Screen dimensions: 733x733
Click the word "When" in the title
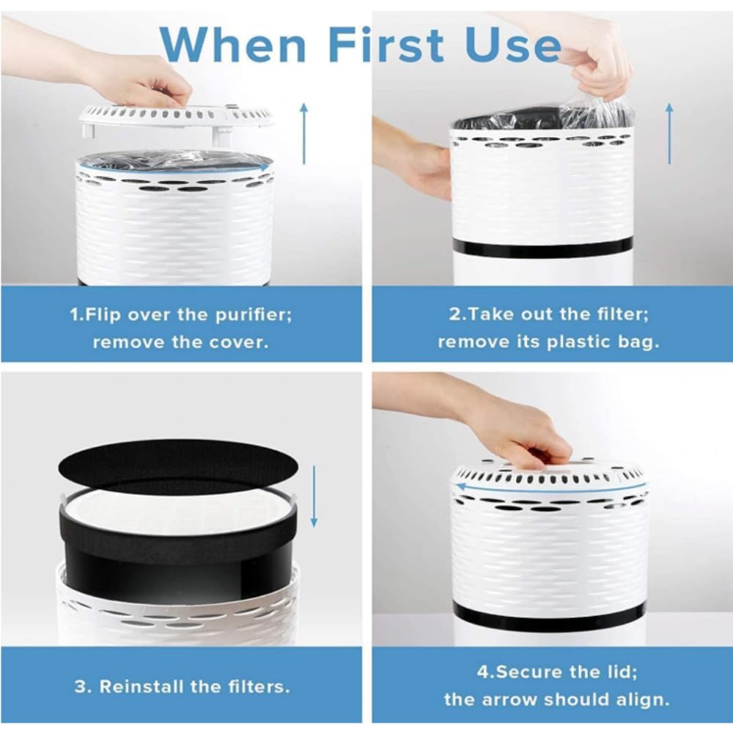click(233, 45)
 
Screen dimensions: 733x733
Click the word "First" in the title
click(386, 45)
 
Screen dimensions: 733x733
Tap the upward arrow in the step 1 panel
click(304, 133)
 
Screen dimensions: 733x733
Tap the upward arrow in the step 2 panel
click(669, 133)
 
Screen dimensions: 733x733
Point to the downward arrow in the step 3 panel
click(314, 496)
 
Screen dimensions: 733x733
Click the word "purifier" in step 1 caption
click(253, 314)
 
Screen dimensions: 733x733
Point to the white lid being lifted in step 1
click(176, 119)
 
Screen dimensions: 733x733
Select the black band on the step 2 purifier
click(542, 246)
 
